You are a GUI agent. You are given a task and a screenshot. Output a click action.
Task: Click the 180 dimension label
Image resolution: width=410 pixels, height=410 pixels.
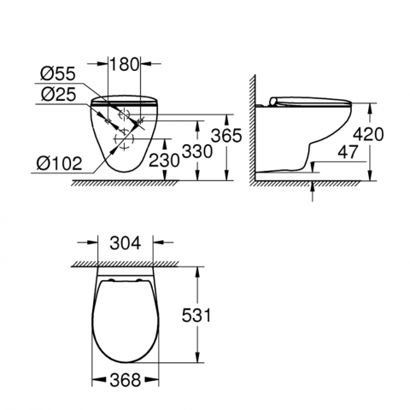tap(124, 64)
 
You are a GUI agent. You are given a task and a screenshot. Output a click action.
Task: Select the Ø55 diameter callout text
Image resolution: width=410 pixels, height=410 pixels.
tap(58, 73)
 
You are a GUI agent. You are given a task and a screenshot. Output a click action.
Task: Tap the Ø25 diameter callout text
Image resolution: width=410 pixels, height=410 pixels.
tap(58, 94)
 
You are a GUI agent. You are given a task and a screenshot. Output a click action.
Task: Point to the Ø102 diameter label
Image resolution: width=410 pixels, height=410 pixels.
tap(60, 163)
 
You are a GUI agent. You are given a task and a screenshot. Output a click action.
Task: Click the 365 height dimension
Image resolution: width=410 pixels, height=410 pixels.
tap(226, 136)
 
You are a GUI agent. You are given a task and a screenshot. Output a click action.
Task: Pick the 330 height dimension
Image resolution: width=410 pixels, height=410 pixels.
tap(197, 151)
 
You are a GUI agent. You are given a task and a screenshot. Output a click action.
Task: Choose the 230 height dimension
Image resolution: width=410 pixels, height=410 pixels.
tap(164, 160)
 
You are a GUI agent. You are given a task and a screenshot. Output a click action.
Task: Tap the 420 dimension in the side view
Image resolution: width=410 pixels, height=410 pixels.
tap(368, 134)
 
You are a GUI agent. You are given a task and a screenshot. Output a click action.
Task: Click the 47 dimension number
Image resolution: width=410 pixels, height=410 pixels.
tap(347, 152)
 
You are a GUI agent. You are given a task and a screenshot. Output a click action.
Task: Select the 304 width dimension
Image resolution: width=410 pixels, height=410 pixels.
tap(126, 243)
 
